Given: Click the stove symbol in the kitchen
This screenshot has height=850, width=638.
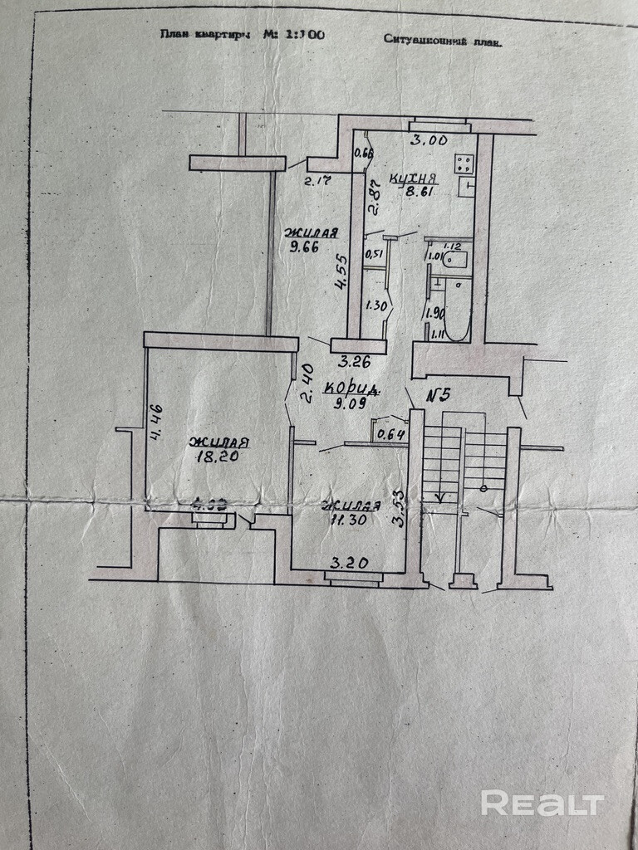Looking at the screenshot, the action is coord(464,164).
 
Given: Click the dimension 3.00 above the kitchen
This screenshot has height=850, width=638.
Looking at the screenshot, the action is coord(430,140).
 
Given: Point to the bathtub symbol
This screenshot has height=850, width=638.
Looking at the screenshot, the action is coord(456,310).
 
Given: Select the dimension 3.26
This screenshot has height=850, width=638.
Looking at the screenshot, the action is coord(353,362).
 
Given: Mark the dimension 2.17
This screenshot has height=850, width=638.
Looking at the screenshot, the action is coord(317,180).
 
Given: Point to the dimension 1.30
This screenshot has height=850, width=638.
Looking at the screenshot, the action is coord(375,305).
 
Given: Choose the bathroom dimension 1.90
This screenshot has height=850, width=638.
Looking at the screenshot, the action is coord(433,313).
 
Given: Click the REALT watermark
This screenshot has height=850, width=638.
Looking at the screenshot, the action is coord(542,803).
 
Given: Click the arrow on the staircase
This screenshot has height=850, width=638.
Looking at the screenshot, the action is coord(439,497).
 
